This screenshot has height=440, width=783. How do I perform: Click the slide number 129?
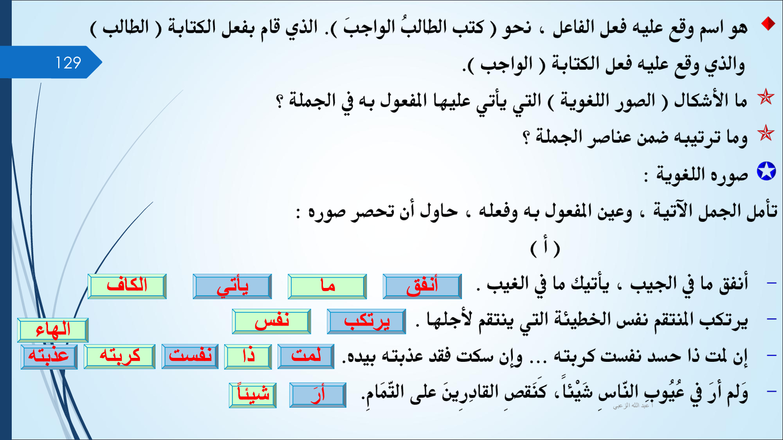68,63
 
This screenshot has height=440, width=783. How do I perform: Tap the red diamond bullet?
768,23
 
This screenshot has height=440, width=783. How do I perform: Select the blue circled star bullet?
766,172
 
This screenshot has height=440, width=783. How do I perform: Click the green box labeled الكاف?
127,286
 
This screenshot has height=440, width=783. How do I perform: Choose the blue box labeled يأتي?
232,286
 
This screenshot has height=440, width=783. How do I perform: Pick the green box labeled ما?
327,286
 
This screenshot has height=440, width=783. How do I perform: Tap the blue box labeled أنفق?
422,286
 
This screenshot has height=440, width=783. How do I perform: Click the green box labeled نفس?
272,321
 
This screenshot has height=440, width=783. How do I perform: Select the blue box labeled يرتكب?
367,321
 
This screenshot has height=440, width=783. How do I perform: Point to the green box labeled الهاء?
53,330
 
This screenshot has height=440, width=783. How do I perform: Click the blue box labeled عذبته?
49,356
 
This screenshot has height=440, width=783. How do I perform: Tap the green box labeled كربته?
119,356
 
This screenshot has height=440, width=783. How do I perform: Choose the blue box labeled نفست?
190,356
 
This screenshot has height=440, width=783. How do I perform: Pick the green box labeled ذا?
248,356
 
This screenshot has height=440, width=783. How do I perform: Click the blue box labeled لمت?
306,356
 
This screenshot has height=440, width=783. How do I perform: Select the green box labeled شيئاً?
253,396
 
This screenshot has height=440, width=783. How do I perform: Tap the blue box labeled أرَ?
318,396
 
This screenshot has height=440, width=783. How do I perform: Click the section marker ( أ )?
545,248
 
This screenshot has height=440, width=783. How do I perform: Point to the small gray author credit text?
633,406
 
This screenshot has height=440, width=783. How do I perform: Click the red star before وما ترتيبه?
765,133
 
